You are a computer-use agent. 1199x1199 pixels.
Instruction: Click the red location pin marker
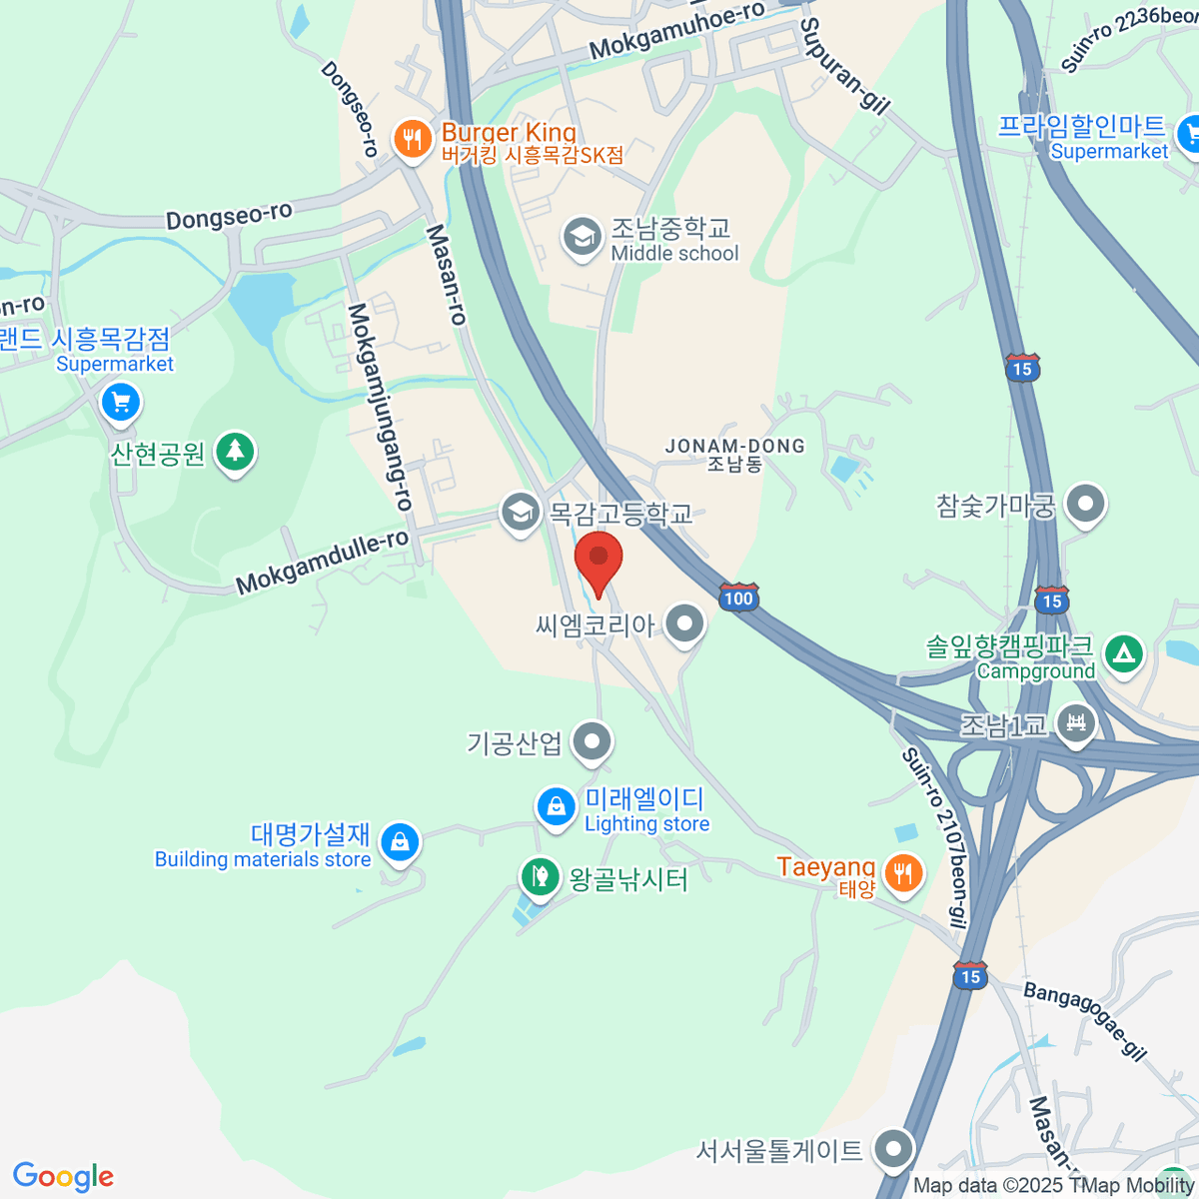[599, 561]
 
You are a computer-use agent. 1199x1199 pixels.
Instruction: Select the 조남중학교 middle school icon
[582, 238]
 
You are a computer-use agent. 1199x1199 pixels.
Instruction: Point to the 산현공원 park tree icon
[235, 452]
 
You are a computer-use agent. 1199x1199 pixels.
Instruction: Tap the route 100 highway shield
[738, 599]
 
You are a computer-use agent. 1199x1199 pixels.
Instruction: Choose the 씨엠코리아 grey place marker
[684, 624]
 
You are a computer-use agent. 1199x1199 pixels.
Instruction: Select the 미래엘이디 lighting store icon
[555, 806]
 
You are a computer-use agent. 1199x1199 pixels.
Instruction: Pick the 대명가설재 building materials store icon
[400, 842]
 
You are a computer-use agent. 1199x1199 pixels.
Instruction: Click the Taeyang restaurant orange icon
[903, 872]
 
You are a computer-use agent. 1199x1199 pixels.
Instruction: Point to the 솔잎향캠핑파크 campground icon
[1124, 654]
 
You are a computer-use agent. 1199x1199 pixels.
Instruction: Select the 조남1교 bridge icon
[1076, 722]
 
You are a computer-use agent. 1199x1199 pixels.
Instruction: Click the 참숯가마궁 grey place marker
[1085, 505]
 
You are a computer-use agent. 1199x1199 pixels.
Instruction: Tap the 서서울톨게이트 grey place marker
[893, 1149]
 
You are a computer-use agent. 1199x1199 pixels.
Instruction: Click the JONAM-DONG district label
[735, 447]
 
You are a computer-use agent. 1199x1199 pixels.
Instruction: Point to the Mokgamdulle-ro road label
[322, 565]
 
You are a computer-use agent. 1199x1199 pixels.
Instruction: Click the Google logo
[63, 1177]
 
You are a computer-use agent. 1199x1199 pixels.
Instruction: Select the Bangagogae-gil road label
[1084, 1019]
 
